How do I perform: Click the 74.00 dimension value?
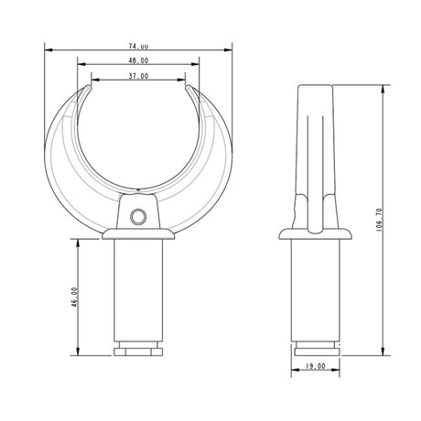(139, 45)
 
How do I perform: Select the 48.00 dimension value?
(139, 60)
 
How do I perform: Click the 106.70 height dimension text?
(378, 220)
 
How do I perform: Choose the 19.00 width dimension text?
(316, 365)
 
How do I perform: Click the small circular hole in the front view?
(139, 215)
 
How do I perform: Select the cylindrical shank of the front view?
(139, 293)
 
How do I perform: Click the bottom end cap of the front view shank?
(139, 350)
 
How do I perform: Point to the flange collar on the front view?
(139, 236)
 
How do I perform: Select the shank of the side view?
(316, 293)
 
